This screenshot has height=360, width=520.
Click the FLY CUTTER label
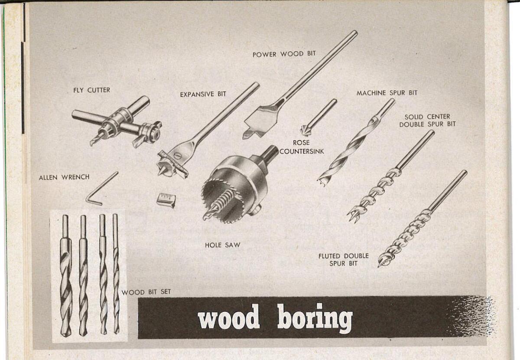tap(91, 90)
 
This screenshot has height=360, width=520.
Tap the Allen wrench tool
tap(101, 189)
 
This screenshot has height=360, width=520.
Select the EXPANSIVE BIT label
tap(203, 94)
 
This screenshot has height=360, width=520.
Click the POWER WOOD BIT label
tap(284, 54)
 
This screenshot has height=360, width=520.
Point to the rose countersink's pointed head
tap(306, 130)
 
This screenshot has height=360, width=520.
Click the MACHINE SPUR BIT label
tap(387, 93)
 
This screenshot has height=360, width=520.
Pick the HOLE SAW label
tap(222, 245)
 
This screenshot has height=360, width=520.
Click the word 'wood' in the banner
tap(228, 319)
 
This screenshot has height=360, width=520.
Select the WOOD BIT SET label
tap(146, 292)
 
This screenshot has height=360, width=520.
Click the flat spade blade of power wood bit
tap(259, 121)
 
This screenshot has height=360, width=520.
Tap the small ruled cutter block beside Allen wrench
tap(166, 200)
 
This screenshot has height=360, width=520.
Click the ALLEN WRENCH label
tap(64, 177)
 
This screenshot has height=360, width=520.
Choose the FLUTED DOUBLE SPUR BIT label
tap(343, 259)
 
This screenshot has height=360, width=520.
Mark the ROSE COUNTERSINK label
tap(301, 147)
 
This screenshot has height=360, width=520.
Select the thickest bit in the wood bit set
tap(65, 278)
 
